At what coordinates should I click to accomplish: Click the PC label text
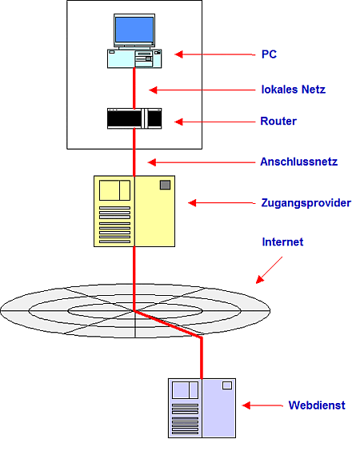pyautogui.click(x=269, y=54)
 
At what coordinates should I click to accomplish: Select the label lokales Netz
pyautogui.click(x=294, y=90)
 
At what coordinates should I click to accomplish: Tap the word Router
pyautogui.click(x=278, y=121)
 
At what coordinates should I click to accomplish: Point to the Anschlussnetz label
pyautogui.click(x=298, y=162)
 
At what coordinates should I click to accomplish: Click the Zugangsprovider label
pyautogui.click(x=306, y=203)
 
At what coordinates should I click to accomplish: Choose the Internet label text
pyautogui.click(x=282, y=241)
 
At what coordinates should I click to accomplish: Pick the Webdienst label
pyautogui.click(x=317, y=405)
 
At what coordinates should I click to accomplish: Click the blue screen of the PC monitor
pyautogui.click(x=134, y=30)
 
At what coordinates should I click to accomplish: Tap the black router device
pyautogui.click(x=134, y=118)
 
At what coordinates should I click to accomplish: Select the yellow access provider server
pyautogui.click(x=134, y=211)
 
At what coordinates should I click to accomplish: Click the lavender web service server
pyautogui.click(x=202, y=408)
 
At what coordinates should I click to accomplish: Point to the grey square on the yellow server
pyautogui.click(x=165, y=185)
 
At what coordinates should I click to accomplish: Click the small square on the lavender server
pyautogui.click(x=227, y=385)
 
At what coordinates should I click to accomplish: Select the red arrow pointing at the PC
pyautogui.click(x=215, y=54)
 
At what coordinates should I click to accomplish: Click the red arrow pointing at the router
pyautogui.click(x=214, y=122)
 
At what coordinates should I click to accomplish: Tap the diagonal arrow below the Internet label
pyautogui.click(x=269, y=270)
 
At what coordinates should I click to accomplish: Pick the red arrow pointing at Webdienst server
pyautogui.click(x=262, y=405)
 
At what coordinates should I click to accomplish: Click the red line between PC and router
pyautogui.click(x=134, y=88)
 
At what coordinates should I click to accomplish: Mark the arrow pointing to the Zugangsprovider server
pyautogui.click(x=222, y=203)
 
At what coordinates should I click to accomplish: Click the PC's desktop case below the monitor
pyautogui.click(x=134, y=59)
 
